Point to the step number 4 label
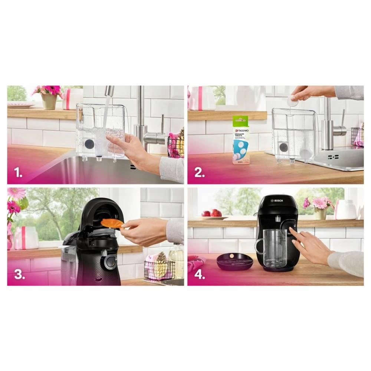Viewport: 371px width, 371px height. [200, 275]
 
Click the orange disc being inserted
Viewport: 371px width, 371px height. [112, 223]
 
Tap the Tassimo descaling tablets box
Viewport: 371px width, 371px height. [241, 140]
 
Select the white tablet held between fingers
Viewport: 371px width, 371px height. [293, 101]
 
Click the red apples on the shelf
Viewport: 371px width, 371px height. [211, 213]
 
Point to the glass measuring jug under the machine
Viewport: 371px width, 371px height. [275, 246]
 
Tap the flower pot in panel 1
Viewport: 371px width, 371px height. [49, 101]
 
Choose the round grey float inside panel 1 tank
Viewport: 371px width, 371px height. [89, 144]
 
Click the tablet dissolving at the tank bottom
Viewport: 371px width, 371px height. [305, 153]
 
